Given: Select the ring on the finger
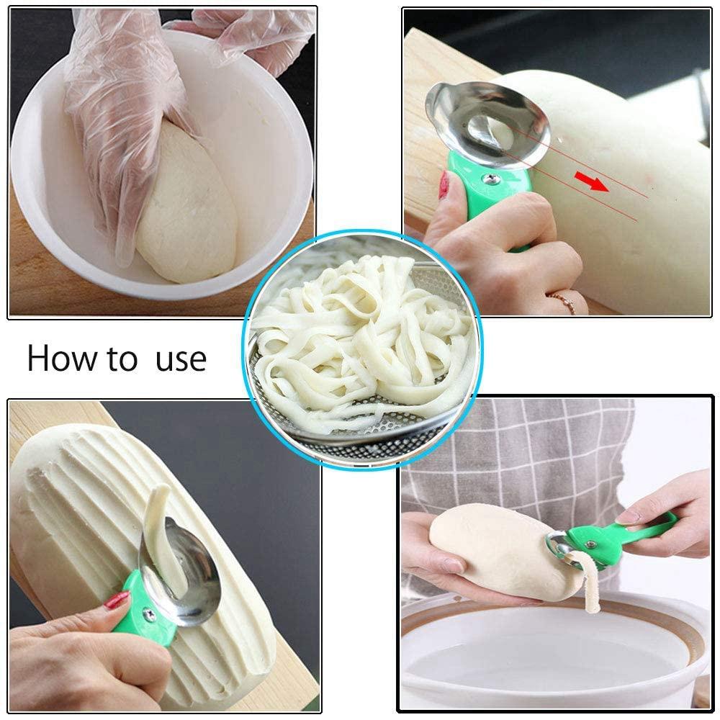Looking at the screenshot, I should pyautogui.click(x=562, y=300).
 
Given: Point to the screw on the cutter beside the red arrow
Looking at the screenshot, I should pyautogui.click(x=491, y=178).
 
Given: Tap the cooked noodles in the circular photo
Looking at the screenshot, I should pyautogui.click(x=360, y=331).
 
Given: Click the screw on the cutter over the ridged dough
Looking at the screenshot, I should pyautogui.click(x=148, y=613).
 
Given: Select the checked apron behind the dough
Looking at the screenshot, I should pyautogui.click(x=518, y=446).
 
